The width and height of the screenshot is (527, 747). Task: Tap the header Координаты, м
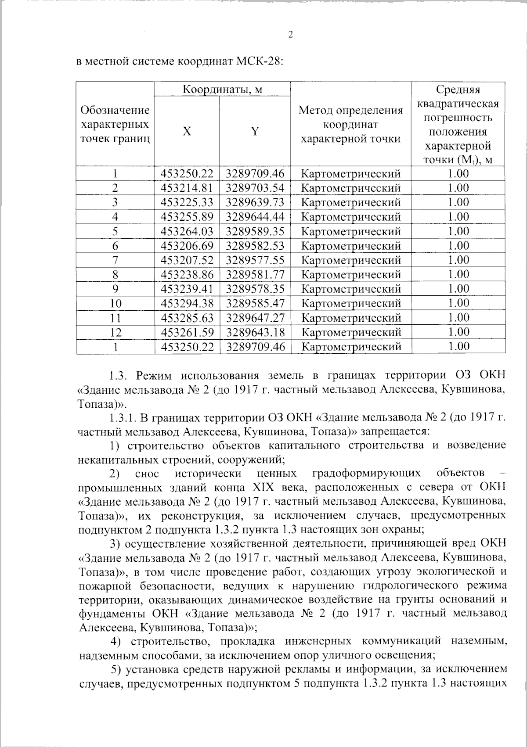point(222,90)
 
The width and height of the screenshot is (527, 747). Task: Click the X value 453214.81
point(187,188)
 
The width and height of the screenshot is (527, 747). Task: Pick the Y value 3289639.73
point(255,202)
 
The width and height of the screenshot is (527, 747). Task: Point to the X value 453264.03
point(187,231)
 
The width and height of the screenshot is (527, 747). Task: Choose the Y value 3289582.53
point(255,246)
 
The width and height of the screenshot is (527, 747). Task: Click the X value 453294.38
point(187,303)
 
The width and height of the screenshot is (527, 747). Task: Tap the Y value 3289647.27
point(255,318)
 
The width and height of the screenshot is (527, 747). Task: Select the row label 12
point(116,332)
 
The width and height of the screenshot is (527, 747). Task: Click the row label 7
point(116,260)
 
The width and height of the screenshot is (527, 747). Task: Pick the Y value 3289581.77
point(255,275)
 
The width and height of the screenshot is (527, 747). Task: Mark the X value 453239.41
point(187,289)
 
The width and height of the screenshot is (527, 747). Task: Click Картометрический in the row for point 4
point(351,217)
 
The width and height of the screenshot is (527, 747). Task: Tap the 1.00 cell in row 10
point(458,303)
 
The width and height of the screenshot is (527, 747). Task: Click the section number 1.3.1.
point(123,417)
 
